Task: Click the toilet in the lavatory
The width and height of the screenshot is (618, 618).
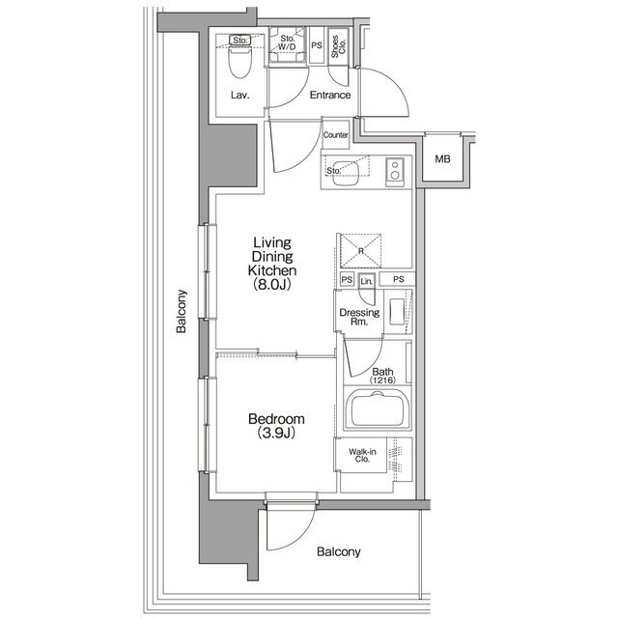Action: click(239, 64)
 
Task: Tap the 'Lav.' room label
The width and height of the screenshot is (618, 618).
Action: click(239, 96)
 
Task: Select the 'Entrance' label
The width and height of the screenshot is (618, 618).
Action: click(329, 96)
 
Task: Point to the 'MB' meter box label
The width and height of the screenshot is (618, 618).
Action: click(442, 159)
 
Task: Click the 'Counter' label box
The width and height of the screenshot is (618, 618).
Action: click(336, 135)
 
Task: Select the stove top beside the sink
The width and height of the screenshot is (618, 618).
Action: click(394, 172)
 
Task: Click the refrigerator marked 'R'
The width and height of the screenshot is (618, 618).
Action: click(360, 249)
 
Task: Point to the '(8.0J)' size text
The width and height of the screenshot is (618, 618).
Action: click(272, 285)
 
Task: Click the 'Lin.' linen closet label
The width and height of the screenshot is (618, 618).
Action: click(367, 281)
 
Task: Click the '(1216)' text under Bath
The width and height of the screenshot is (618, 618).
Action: click(382, 379)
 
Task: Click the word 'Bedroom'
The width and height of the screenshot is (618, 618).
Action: click(276, 419)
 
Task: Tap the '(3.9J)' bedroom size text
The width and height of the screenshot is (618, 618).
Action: click(276, 435)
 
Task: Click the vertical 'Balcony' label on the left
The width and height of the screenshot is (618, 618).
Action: click(181, 312)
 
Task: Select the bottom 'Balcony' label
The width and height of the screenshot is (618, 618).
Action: click(338, 552)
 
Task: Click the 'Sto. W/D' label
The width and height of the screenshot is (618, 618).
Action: click(287, 42)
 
